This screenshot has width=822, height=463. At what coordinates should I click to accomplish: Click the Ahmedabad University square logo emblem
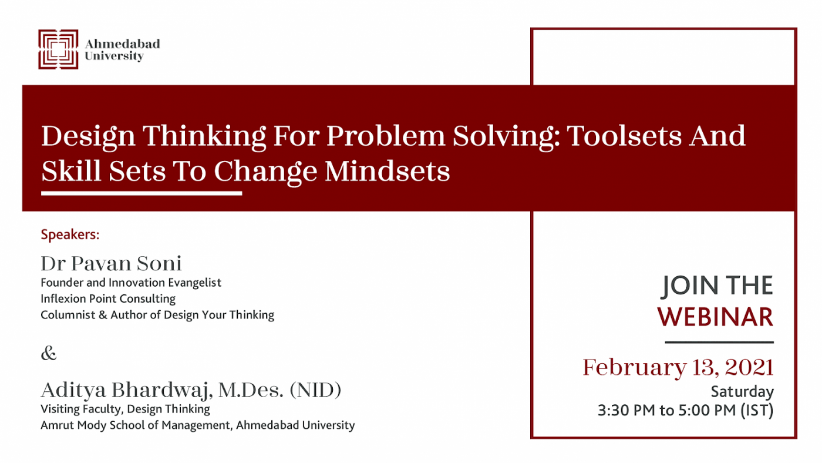tap(58, 49)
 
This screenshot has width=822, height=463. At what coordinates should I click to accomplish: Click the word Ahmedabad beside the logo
tap(122, 43)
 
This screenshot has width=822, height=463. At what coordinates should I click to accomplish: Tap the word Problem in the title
tap(386, 136)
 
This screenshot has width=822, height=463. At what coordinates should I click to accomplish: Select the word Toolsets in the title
tap(624, 136)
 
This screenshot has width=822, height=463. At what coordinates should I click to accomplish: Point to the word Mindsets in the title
tap(387, 171)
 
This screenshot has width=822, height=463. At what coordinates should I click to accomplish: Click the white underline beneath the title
tap(142, 193)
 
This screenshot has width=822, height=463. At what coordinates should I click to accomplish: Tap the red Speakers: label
tap(70, 234)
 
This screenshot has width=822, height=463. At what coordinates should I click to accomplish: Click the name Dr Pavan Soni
tap(111, 263)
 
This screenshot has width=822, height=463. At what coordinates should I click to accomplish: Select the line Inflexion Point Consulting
tap(108, 298)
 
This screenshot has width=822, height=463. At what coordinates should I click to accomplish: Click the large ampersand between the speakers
tap(48, 353)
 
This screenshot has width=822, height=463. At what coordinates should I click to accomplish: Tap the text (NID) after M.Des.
tap(315, 390)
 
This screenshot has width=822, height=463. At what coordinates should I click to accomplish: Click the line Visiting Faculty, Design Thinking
tap(125, 409)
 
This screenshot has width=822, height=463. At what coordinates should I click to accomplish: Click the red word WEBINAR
tap(715, 317)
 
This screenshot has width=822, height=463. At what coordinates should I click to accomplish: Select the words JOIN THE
tap(717, 286)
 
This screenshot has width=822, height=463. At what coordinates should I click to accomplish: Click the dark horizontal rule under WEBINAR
tap(719, 342)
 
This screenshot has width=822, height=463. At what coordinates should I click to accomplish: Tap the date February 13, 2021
tap(678, 367)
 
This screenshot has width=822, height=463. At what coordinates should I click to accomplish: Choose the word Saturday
tap(742, 391)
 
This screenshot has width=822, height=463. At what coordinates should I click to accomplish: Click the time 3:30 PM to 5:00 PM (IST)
tap(686, 410)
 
